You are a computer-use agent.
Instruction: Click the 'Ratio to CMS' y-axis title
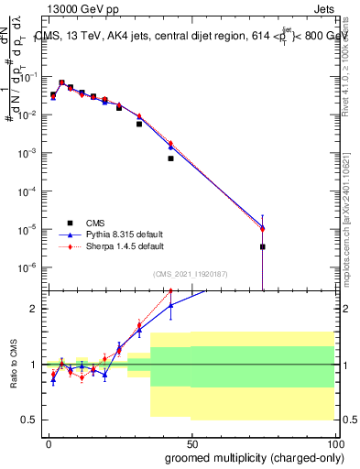point(13,364)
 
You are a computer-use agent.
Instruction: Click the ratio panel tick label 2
point(33,309)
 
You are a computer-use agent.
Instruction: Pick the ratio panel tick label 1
point(33,365)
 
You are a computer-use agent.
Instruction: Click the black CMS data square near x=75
point(262,247)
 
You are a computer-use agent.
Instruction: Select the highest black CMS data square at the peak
point(61,82)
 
